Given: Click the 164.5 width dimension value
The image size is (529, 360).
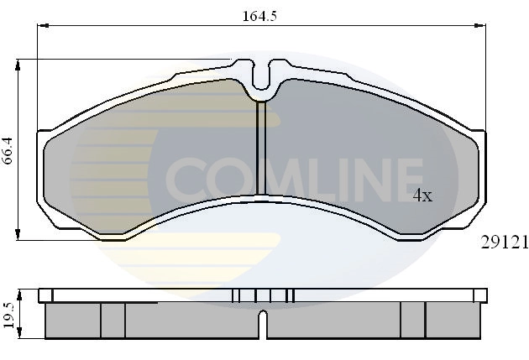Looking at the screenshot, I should [x=261, y=13].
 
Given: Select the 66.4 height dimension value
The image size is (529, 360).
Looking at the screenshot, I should [x=8, y=150].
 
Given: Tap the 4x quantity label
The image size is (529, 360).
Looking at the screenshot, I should [x=422, y=196].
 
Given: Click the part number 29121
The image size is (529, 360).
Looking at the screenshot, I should [x=503, y=243].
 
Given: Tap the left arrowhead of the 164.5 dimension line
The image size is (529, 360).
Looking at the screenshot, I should [x=39, y=26].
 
